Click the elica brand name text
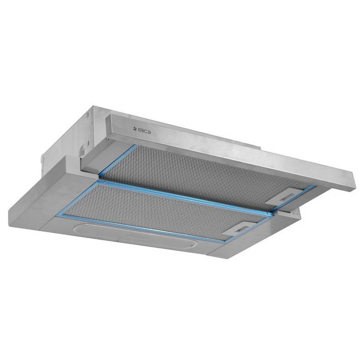click(144, 131)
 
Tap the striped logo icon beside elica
click(135, 130)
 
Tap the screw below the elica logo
click(107, 140)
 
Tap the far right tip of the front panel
click(355, 185)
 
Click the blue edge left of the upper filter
click(117, 160)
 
